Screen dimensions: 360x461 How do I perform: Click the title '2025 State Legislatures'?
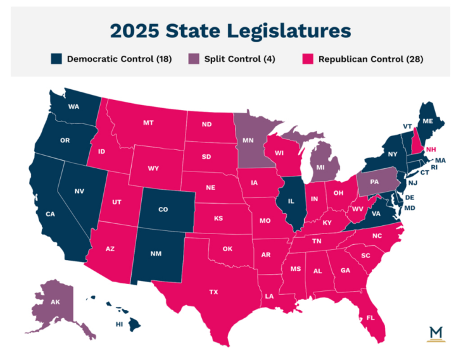tap(230, 30)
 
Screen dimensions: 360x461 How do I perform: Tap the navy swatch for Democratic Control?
tap(57, 59)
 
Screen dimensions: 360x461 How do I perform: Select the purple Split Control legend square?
tap(194, 59)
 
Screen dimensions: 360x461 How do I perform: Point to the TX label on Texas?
tap(214, 292)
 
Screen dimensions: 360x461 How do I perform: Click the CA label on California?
tap(50, 214)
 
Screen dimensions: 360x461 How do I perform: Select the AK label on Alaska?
tap(56, 302)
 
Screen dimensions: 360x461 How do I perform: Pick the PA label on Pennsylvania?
tap(376, 182)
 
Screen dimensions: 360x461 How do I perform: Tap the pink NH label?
tap(431, 149)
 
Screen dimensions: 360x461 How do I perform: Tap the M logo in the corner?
tap(436, 334)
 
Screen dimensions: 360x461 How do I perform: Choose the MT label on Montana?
tap(149, 122)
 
